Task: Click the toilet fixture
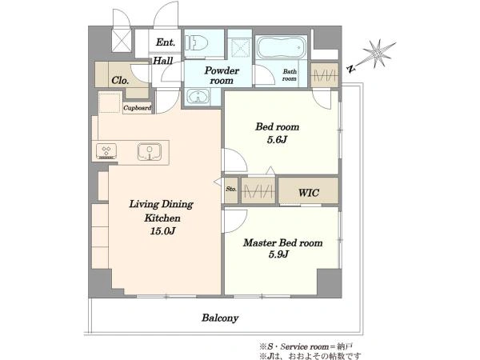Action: tap(196, 43)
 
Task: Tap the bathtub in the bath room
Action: tap(281, 47)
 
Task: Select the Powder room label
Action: tap(222, 75)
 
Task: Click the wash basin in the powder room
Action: tap(198, 97)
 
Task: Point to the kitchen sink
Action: tap(150, 151)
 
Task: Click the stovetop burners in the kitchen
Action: tap(106, 151)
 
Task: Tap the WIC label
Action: tap(309, 193)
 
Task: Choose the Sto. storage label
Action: tap(231, 189)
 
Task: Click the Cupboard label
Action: tap(137, 108)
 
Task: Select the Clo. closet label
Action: tap(120, 81)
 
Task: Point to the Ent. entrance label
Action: tap(166, 42)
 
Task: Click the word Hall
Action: tap(163, 61)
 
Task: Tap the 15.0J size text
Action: tap(162, 231)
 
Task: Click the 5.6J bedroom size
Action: tap(277, 140)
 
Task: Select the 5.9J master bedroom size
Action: tap(278, 254)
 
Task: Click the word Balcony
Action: tap(220, 318)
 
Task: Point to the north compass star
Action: tap(377, 54)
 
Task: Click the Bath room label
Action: tap(290, 75)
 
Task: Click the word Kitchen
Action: tap(162, 218)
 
